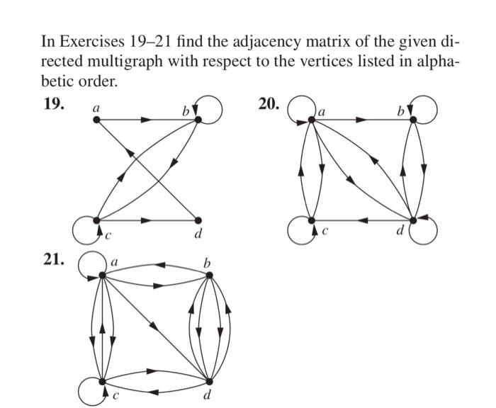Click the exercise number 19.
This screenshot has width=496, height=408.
(x=54, y=104)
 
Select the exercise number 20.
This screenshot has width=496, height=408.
(x=269, y=104)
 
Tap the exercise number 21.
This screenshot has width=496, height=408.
(x=54, y=260)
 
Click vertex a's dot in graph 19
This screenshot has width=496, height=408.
(x=97, y=120)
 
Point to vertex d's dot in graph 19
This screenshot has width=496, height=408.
(x=198, y=220)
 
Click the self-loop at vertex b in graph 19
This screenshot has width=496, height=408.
(x=210, y=108)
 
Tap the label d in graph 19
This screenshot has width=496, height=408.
(x=199, y=234)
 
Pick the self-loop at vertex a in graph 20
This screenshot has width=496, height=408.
(x=300, y=108)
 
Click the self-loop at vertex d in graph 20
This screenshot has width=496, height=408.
(x=425, y=229)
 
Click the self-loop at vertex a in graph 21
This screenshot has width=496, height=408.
(x=91, y=265)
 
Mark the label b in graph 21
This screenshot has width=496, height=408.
(x=207, y=263)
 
